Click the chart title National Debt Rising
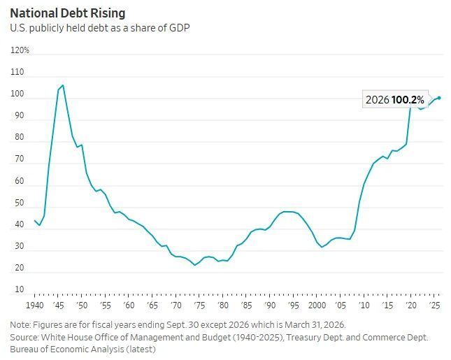tap(68, 13)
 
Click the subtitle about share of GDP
tap(100, 28)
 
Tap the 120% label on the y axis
tap(20, 50)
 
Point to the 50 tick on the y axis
tap(20, 203)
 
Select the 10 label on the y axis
tap(20, 289)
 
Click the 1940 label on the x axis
tap(35, 305)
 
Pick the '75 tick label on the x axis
tap(199, 305)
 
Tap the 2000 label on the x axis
tap(317, 305)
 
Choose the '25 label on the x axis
tap(435, 305)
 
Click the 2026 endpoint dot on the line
tap(439, 98)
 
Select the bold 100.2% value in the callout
tap(408, 100)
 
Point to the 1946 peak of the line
tap(63, 85)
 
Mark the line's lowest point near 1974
tap(194, 265)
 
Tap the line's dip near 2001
tap(322, 247)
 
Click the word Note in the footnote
tap(20, 325)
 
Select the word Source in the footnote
tap(24, 337)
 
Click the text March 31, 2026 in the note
tap(315, 325)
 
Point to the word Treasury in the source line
tap(303, 337)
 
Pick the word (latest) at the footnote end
tap(141, 350)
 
